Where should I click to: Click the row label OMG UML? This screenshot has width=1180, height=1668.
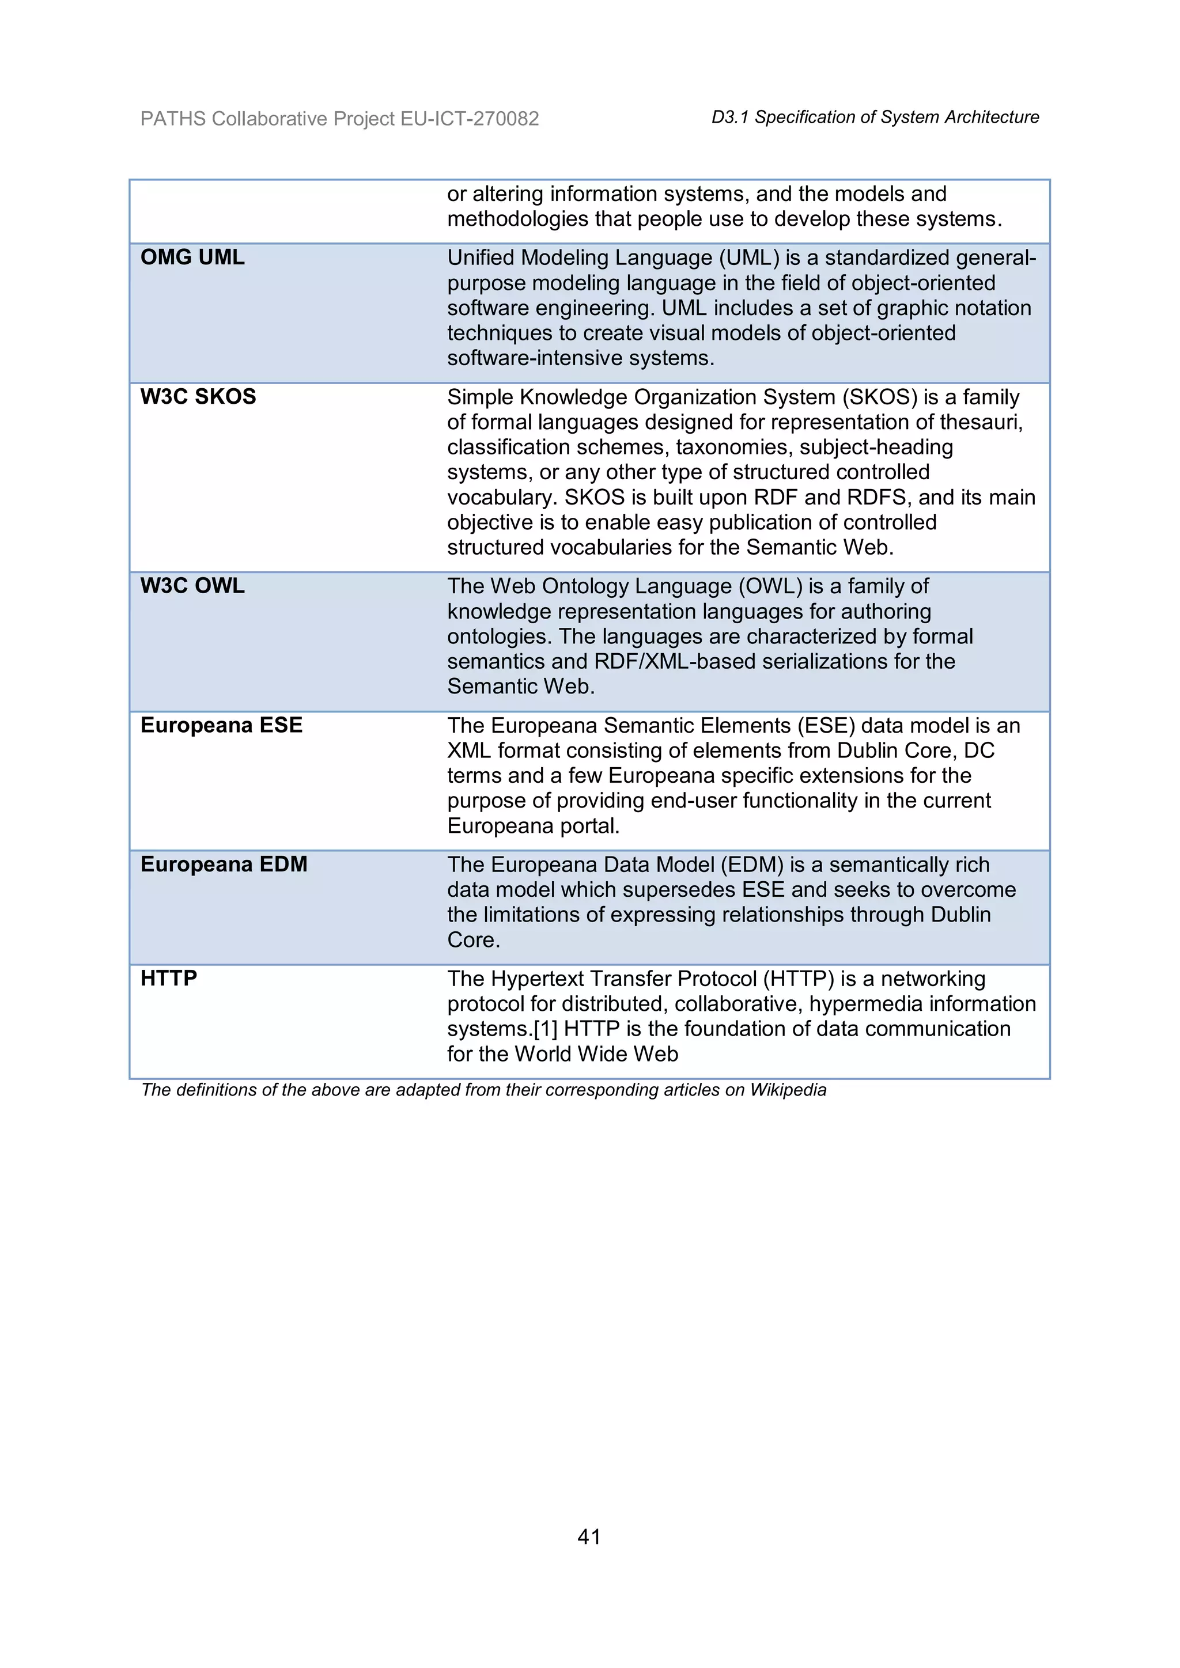coord(192,257)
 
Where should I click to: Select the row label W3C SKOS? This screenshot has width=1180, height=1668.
coord(198,397)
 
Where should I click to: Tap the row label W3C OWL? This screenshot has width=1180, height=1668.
coord(192,586)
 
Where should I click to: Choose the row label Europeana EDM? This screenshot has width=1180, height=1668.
coord(224,865)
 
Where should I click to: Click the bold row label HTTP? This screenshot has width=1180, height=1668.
coord(169,979)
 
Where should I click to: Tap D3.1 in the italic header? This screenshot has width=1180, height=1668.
coord(729,117)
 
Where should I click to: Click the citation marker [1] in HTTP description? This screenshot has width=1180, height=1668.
coord(545,1029)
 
